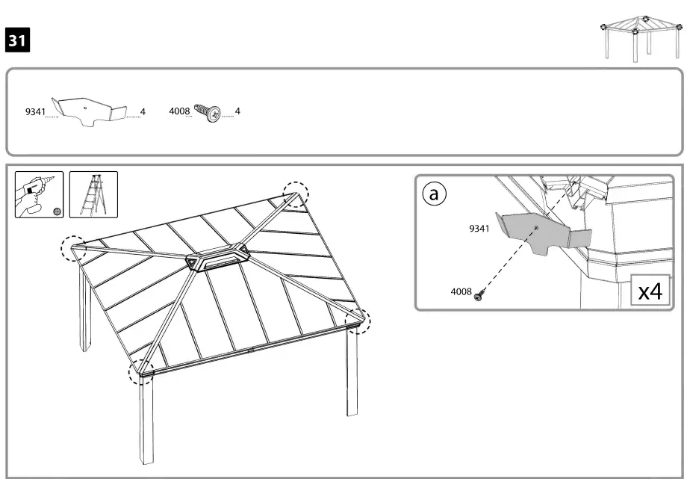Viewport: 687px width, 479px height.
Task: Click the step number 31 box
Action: coord(17,40)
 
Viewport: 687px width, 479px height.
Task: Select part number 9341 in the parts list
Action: coord(35,112)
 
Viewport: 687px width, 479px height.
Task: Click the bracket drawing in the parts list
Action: coord(89,111)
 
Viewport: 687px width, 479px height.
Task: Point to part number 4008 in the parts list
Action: coord(179,112)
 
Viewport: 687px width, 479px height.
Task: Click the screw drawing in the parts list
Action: coord(209,113)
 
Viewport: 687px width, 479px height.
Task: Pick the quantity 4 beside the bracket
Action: coord(143,112)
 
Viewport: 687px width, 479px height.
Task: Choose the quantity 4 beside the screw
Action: coord(237,112)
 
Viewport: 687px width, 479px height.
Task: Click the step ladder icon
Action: coord(93,194)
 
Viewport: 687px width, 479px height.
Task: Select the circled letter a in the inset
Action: coord(434,194)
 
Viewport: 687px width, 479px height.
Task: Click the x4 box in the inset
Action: coord(649,291)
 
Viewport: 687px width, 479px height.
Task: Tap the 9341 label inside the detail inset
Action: coord(479,229)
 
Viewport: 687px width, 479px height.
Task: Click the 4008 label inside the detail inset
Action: coord(461,292)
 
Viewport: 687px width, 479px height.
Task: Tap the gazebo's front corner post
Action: coord(146,418)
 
